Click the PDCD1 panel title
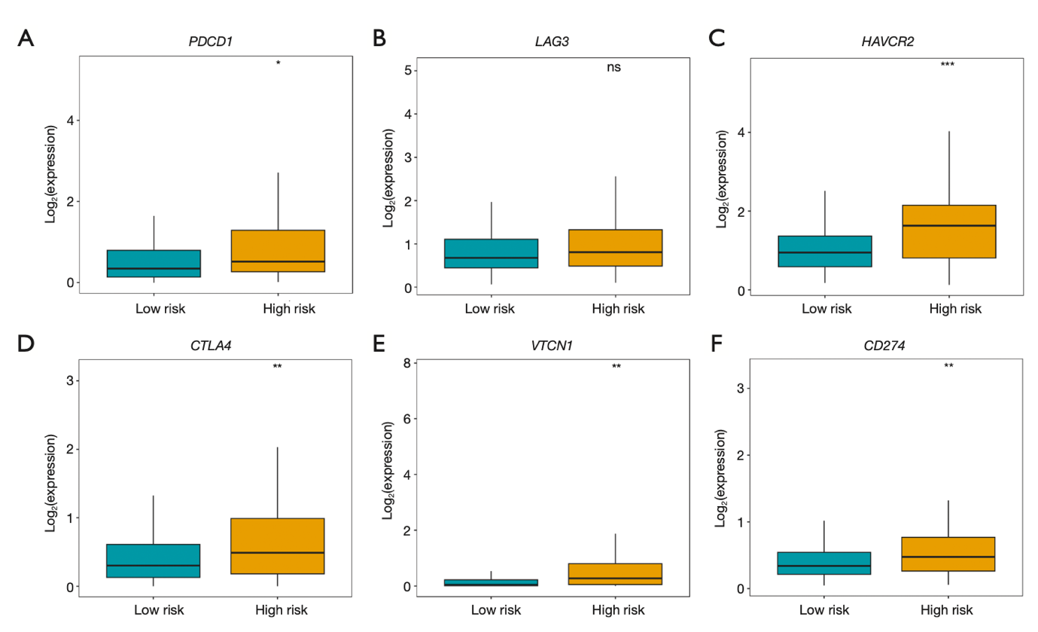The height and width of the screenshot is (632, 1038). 210,41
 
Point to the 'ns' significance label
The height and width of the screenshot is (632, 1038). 614,68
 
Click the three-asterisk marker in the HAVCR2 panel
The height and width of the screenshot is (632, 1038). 948,65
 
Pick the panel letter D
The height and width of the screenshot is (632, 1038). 26,343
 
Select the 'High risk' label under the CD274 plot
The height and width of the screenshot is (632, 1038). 948,609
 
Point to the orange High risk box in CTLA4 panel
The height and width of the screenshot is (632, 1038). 279,546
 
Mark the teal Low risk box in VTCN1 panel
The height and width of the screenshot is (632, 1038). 492,582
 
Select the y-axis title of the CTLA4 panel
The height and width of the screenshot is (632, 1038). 51,483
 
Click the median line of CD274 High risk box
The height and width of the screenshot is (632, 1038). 948,557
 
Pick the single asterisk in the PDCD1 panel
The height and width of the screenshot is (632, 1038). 279,63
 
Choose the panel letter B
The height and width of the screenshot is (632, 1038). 379,38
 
